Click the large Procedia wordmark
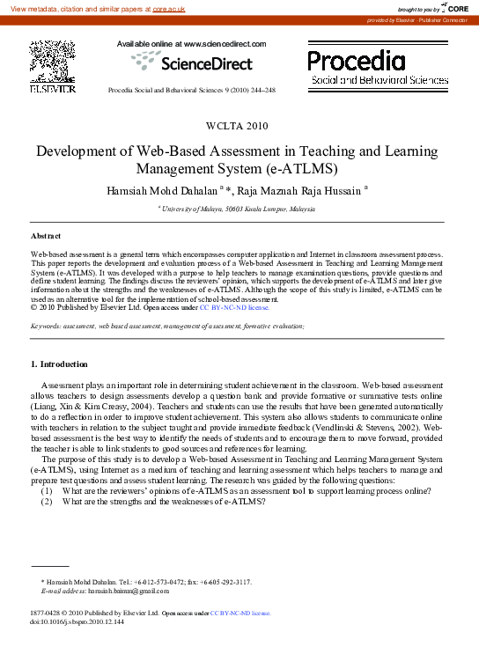point(356,61)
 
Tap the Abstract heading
point(46,237)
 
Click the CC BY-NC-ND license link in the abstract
point(233,307)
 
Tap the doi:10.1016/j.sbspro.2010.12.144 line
point(77,621)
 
